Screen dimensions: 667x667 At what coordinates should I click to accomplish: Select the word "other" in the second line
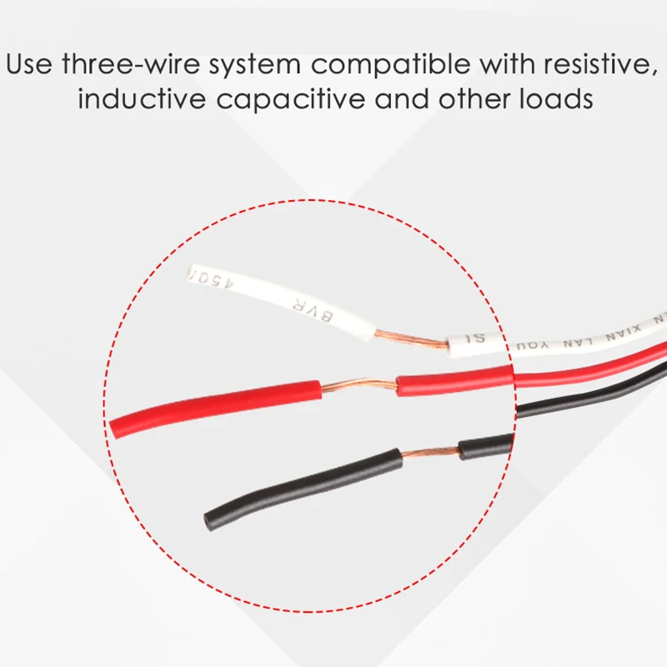pos(466,99)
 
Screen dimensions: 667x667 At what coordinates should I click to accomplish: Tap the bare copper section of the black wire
pos(429,454)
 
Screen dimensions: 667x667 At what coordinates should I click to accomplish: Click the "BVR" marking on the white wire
pos(298,309)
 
